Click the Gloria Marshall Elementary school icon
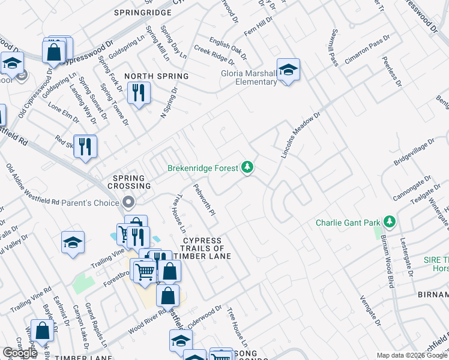point(288,70)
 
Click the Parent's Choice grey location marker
point(127,202)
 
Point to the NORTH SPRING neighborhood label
point(157,76)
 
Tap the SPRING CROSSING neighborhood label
point(128,182)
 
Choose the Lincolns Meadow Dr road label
point(301,135)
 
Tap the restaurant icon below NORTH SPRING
point(139,92)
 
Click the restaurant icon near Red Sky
point(85,146)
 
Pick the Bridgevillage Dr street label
point(414,154)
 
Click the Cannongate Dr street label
point(412,188)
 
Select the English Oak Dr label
point(228,49)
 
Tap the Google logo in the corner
point(20,353)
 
